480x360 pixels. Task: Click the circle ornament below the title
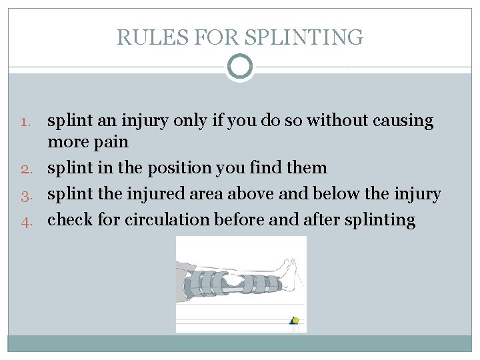(x=240, y=67)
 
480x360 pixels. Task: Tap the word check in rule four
(x=70, y=220)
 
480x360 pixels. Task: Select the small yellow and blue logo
(x=294, y=321)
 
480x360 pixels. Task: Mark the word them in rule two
(x=307, y=168)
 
